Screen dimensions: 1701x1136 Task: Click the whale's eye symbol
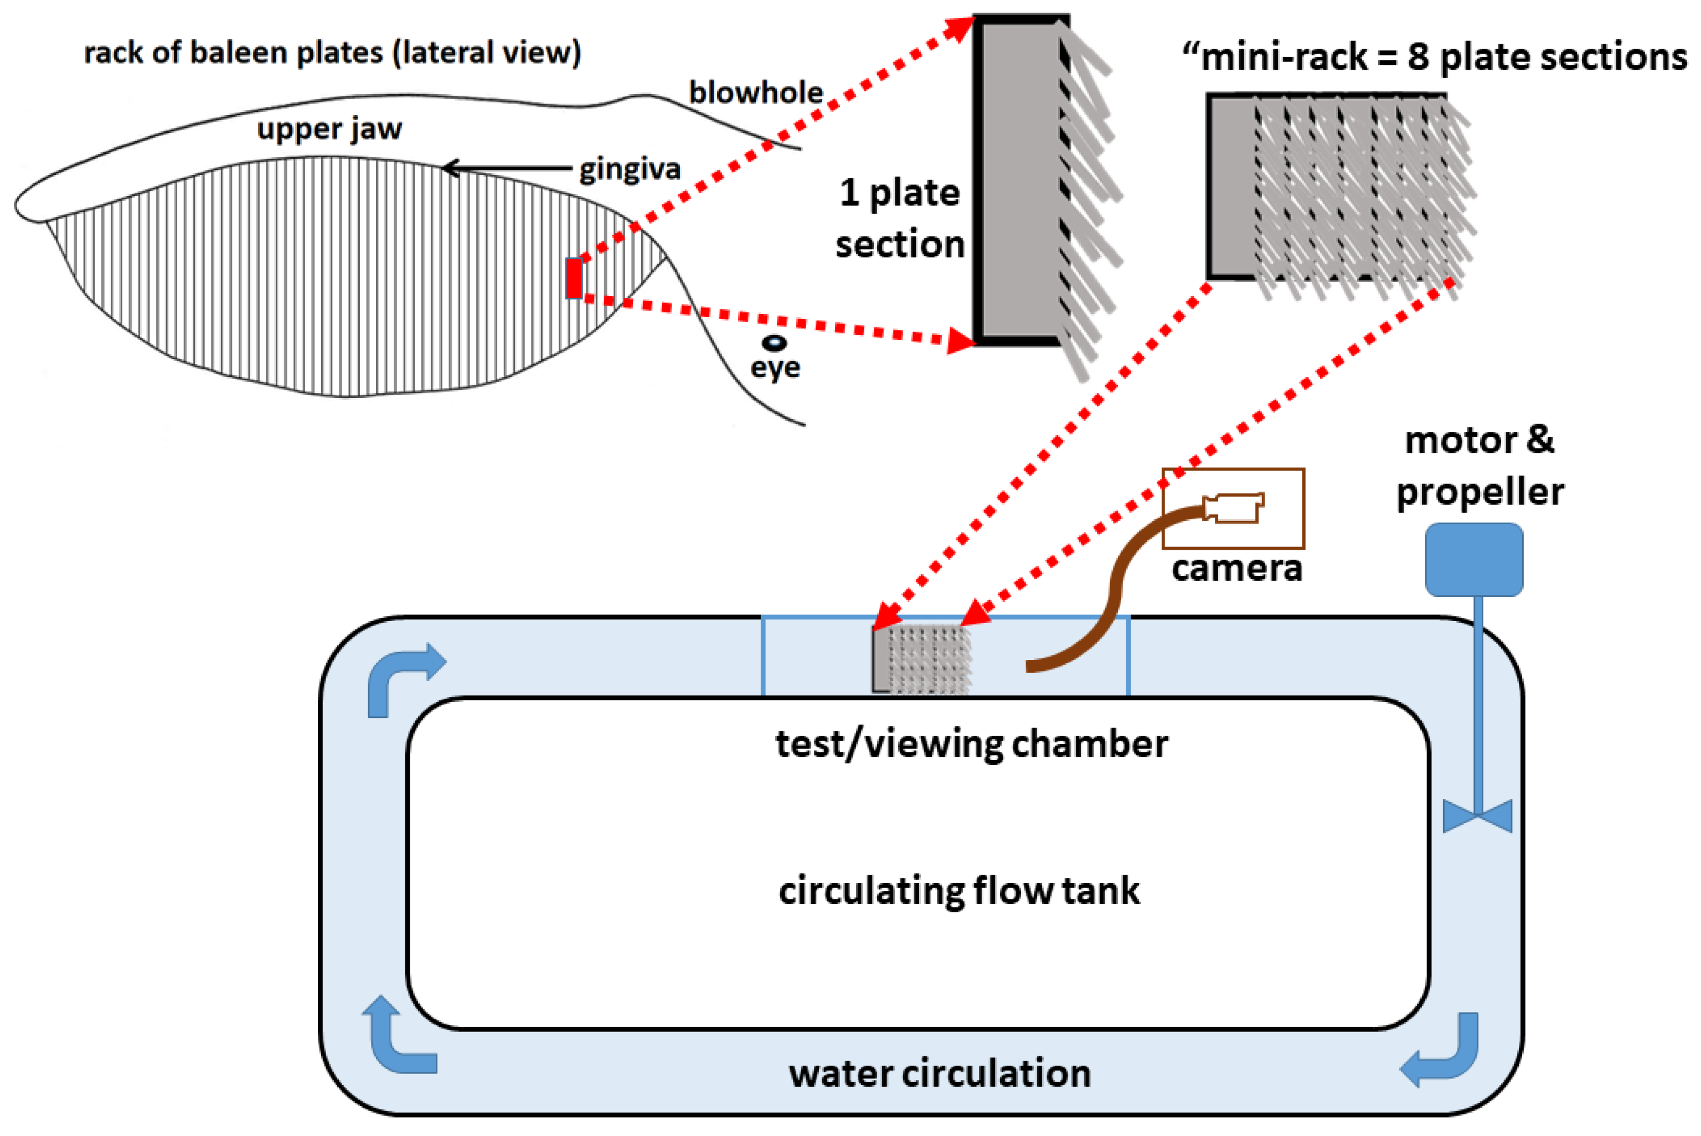pos(775,343)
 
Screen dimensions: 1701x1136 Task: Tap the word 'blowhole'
pos(756,93)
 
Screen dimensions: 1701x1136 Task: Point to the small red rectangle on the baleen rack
pos(574,278)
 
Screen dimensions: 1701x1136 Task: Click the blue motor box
pos(1474,559)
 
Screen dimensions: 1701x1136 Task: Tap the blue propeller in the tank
pos(1477,816)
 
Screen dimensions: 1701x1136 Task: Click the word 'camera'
pos(1236,569)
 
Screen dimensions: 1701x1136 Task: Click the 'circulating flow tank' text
pos(959,890)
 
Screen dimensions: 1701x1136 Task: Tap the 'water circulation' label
pos(940,1073)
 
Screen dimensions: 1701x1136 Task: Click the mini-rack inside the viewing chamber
pos(921,659)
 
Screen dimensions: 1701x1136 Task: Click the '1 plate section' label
pos(900,218)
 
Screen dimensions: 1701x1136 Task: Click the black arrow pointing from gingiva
pos(507,168)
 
